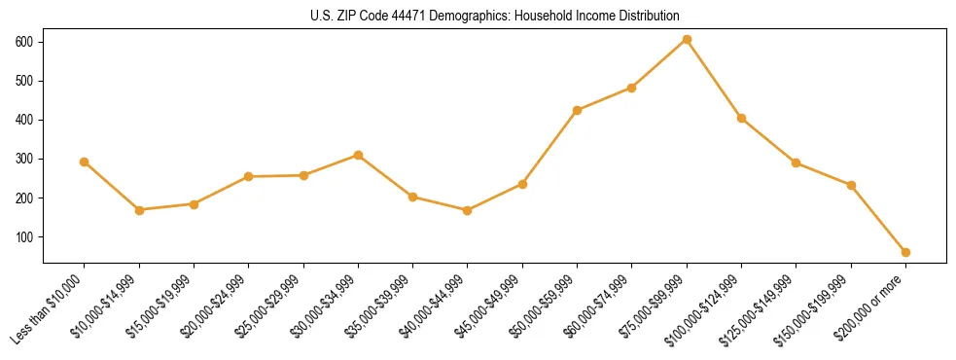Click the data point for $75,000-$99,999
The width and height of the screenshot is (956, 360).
click(687, 39)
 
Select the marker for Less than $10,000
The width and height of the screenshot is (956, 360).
click(85, 162)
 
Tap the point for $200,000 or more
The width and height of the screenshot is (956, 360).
click(905, 252)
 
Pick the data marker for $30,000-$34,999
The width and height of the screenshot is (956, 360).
click(358, 155)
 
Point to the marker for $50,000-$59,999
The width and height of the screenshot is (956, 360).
click(577, 110)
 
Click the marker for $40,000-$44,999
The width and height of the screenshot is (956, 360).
click(468, 210)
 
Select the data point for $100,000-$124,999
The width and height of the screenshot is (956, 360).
click(741, 118)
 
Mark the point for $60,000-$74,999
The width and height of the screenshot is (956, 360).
click(632, 88)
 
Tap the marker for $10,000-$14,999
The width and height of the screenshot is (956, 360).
click(139, 210)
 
